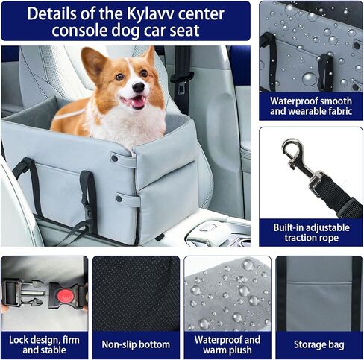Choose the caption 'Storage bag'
(318, 344)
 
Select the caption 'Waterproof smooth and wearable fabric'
(310, 106)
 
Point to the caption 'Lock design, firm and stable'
(43, 344)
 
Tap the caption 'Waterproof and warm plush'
(226, 344)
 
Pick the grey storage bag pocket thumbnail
(318, 294)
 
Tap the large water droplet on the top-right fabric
(309, 77)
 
